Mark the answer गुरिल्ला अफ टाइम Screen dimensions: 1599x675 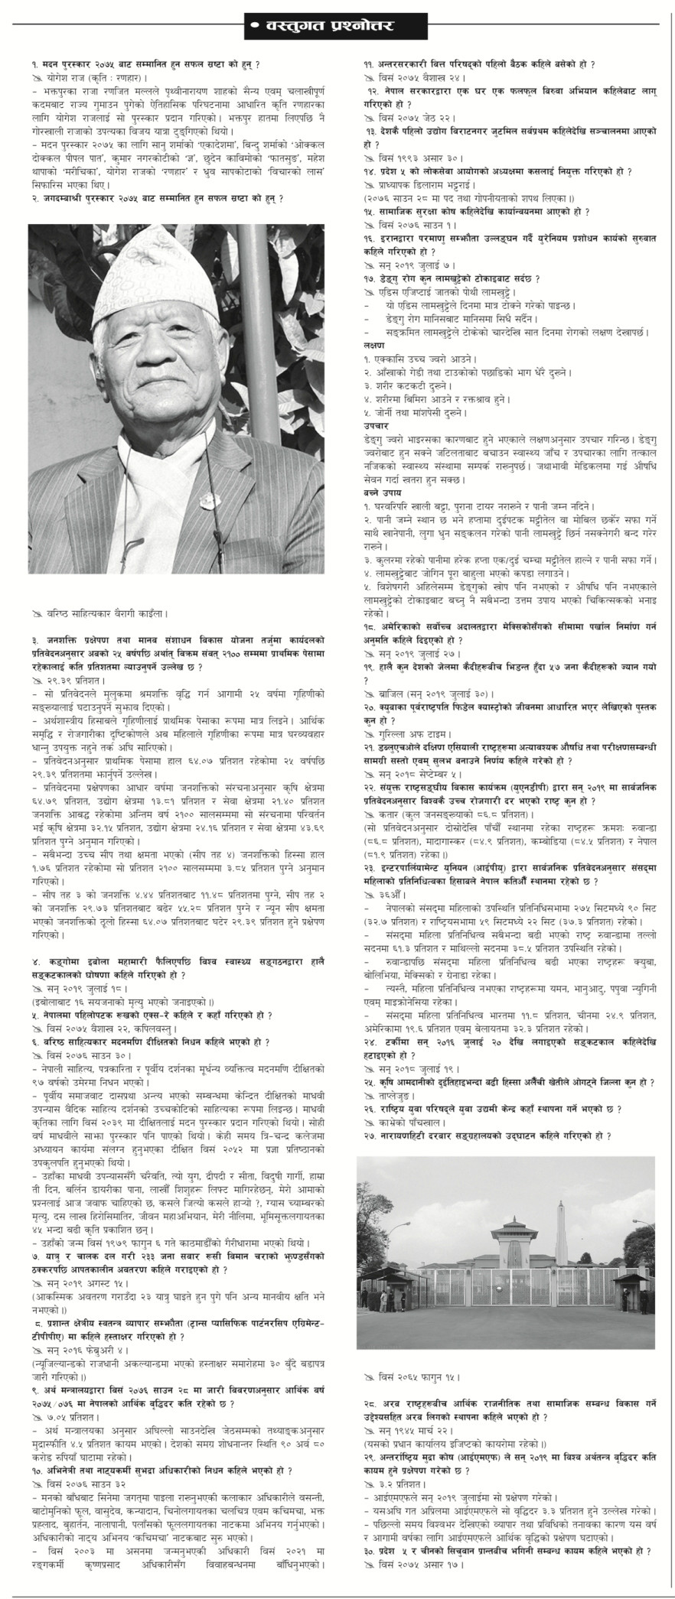pos(409,733)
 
